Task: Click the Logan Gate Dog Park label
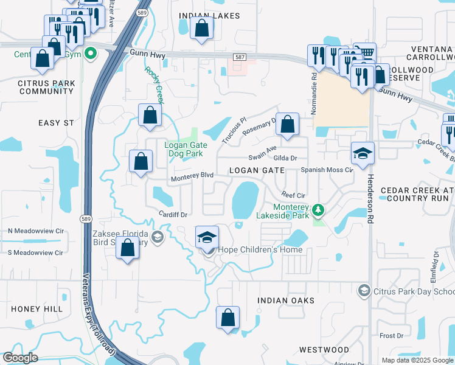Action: tap(186, 150)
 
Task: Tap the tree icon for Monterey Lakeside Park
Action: tap(316, 210)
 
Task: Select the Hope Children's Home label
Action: tap(260, 250)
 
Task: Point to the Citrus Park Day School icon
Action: tap(364, 291)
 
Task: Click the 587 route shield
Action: tap(239, 57)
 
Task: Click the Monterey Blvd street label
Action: tap(192, 175)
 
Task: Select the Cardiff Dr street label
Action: tap(173, 214)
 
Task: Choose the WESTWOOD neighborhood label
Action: tap(324, 350)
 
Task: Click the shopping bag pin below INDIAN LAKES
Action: tap(201, 28)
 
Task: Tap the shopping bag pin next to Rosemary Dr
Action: tap(287, 123)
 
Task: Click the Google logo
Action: tap(20, 358)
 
